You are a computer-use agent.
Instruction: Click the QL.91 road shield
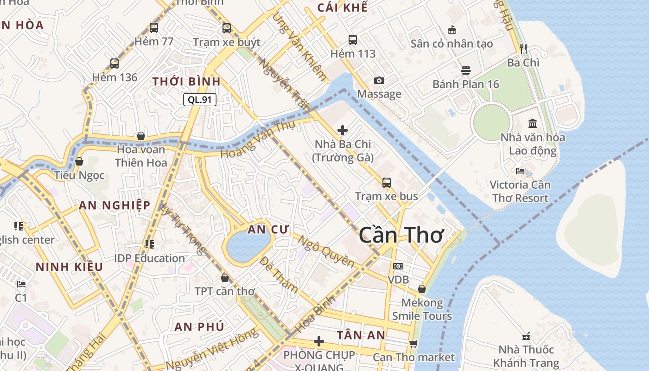point(200,99)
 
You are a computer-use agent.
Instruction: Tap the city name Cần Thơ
point(401,235)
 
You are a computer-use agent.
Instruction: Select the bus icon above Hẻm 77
point(154,28)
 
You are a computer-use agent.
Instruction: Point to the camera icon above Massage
point(379,80)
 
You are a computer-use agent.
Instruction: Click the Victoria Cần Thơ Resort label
point(520,191)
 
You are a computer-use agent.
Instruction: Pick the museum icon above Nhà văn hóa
point(533,124)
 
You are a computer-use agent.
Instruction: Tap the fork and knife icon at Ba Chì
point(523,49)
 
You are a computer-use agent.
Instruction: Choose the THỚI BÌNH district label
point(186,82)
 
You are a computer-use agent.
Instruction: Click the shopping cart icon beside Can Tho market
point(413,344)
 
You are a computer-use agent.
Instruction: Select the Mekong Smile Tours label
point(422,309)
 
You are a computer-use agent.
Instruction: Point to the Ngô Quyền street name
point(325,252)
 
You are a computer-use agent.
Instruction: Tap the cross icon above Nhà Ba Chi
point(343,130)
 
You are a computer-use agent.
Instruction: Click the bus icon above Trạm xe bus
point(387,183)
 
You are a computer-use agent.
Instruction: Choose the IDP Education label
point(149,258)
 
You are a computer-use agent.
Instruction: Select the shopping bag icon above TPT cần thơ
point(225,278)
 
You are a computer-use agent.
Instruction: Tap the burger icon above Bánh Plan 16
point(466,70)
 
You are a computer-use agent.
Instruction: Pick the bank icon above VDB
point(398,266)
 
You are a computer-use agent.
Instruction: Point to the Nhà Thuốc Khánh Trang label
point(526,356)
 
